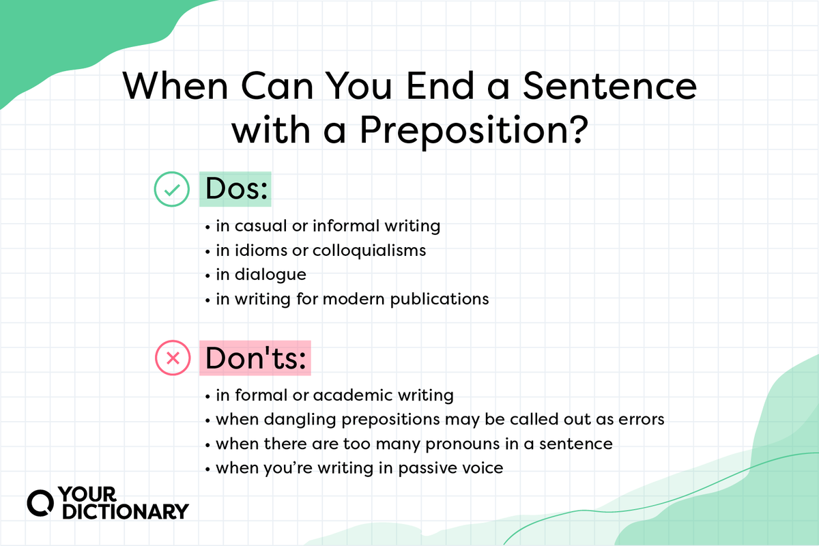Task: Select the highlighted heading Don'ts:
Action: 255,358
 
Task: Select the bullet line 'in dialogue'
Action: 261,274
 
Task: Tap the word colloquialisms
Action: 369,250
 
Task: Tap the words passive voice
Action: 445,468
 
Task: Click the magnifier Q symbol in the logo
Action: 40,502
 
